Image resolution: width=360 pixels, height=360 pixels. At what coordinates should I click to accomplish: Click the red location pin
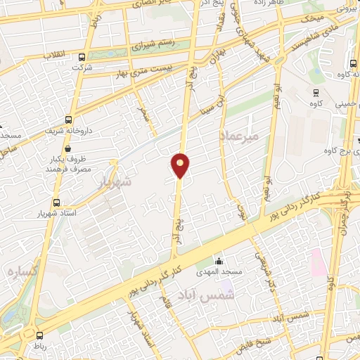181,165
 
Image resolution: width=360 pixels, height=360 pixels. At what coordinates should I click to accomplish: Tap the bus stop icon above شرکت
82,58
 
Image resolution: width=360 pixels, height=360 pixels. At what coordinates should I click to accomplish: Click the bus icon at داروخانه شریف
68,120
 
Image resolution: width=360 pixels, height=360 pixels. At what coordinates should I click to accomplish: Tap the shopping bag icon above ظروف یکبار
67,148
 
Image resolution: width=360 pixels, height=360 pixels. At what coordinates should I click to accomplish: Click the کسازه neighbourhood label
22,271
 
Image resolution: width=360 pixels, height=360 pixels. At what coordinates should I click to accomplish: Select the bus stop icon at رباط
39,335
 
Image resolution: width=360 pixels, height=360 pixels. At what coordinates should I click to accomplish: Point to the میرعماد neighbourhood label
240,134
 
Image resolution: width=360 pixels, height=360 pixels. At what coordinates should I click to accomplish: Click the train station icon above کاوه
316,92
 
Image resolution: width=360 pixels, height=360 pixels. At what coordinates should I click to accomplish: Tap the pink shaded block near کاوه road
317,262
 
